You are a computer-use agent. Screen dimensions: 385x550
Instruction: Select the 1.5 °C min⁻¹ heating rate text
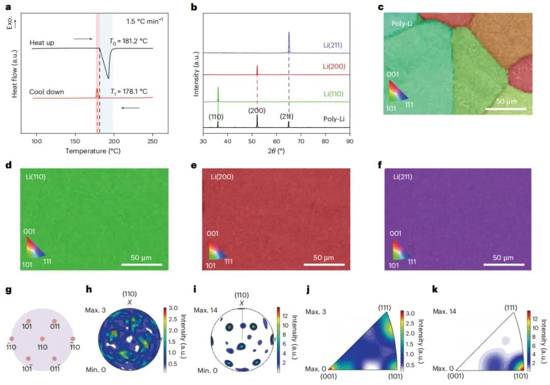[145, 21]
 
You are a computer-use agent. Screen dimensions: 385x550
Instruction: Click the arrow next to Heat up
[82, 38]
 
